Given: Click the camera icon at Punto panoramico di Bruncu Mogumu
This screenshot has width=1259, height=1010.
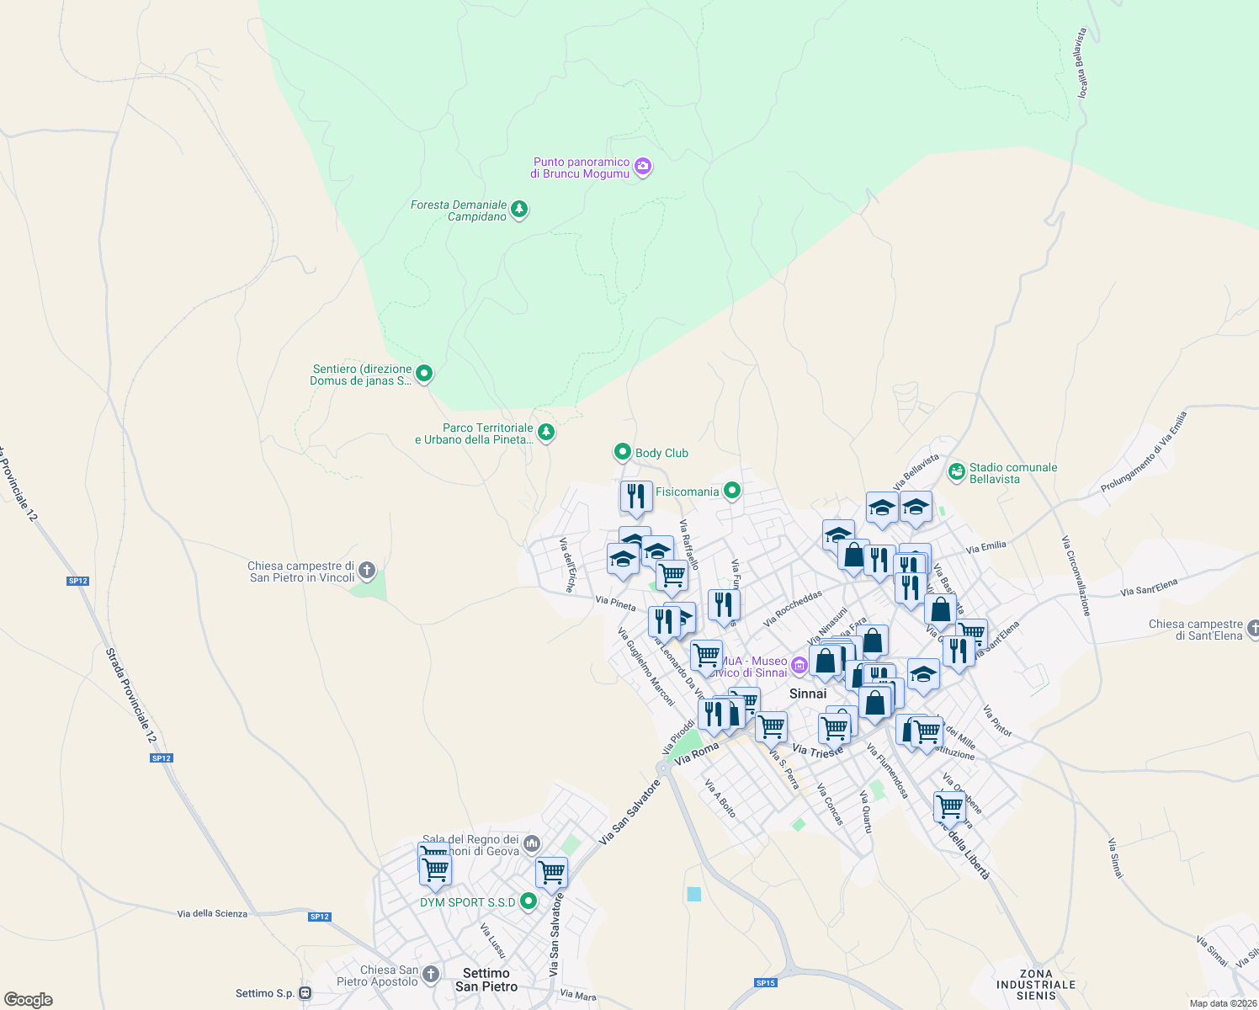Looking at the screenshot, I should click(643, 167).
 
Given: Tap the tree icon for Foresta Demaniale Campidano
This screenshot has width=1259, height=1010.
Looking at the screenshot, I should click(519, 209).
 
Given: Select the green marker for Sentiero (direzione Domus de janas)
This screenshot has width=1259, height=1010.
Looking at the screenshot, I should click(424, 373).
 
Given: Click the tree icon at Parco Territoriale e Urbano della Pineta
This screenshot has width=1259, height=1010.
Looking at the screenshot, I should click(546, 433).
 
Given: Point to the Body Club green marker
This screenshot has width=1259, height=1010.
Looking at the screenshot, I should click(622, 452).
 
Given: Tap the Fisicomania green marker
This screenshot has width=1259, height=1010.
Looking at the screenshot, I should click(732, 490).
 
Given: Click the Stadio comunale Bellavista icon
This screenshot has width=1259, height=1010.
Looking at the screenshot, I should click(956, 471).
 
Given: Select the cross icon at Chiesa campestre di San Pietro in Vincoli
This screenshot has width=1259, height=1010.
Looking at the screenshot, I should click(367, 571).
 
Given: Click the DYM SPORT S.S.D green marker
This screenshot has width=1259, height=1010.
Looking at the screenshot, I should click(529, 901).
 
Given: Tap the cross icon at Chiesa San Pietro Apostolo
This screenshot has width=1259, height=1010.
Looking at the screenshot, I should click(431, 975).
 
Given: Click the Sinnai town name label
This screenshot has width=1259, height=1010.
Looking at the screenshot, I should click(808, 694).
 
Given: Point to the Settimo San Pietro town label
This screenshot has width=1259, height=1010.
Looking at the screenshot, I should click(486, 980).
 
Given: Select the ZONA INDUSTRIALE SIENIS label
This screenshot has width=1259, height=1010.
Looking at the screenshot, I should click(1036, 985).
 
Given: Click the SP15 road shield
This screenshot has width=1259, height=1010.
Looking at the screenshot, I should click(765, 983).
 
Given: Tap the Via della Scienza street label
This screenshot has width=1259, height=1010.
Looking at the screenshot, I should click(212, 913).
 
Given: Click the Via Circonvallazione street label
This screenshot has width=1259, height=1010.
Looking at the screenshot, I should click(1076, 576).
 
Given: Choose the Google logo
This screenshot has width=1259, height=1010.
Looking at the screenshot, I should click(29, 1000).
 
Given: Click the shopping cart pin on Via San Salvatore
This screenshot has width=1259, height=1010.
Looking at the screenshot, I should click(551, 873).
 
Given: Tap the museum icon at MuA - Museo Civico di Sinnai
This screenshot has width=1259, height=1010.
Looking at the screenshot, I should click(799, 667).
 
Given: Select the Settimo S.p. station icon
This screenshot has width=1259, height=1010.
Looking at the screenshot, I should click(305, 993).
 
